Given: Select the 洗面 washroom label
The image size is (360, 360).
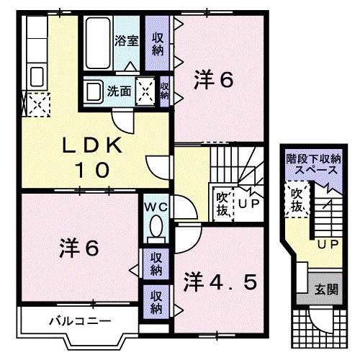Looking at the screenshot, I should point(119,91).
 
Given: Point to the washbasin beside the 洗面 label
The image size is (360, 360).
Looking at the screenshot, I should point(94,91).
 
